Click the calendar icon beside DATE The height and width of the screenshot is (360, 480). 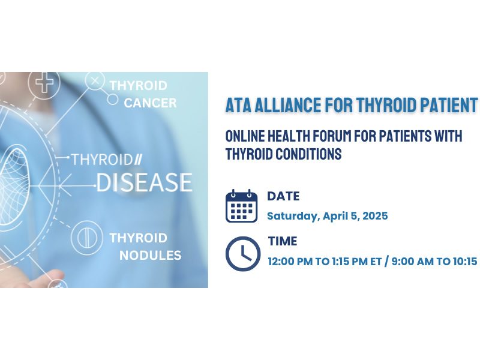pos(242,206)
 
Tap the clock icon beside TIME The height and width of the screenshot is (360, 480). pos(243,254)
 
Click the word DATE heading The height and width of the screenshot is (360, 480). pos(283,196)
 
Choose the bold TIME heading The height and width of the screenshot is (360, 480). pos(283,241)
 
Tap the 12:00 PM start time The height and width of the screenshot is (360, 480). pos(290,262)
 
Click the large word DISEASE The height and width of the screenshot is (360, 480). pos(144,182)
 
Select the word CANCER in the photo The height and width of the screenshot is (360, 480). pos(150,103)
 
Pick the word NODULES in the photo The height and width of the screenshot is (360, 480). pos(151,256)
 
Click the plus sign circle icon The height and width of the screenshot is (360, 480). pos(44,82)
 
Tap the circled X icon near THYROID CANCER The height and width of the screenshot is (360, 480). pos(95,81)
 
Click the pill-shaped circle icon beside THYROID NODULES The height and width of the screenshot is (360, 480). pos(87,238)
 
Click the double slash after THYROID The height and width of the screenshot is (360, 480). pos(139,160)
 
